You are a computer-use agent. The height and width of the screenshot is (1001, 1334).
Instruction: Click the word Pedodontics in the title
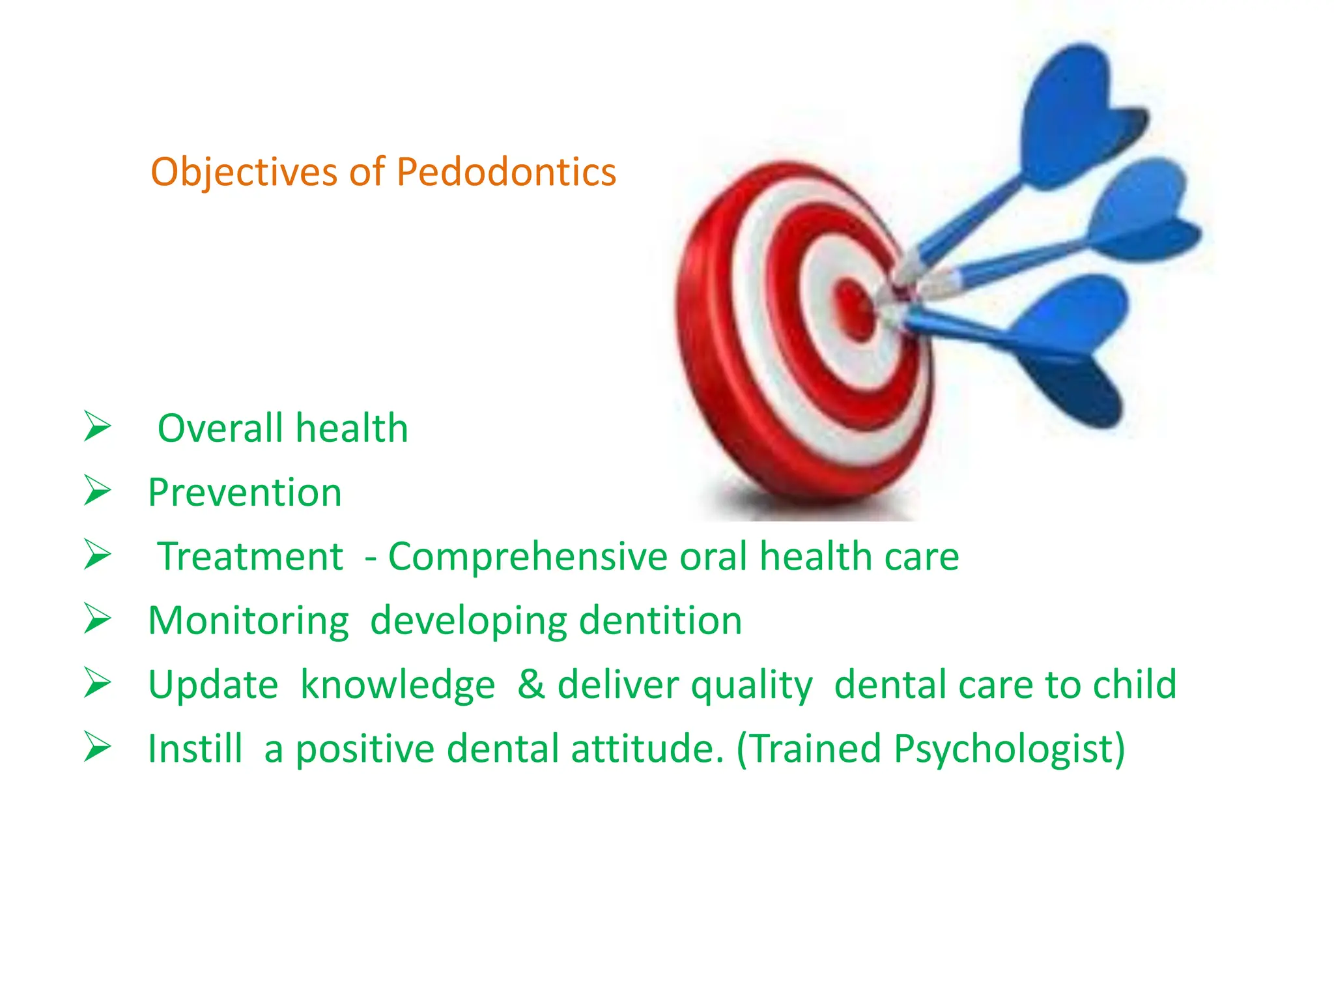(506, 173)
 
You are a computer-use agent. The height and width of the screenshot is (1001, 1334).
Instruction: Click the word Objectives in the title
(244, 173)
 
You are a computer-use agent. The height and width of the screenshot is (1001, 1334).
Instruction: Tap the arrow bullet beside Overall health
(98, 427)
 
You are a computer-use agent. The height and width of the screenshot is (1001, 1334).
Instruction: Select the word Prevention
(244, 493)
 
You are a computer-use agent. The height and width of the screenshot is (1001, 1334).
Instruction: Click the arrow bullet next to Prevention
(98, 491)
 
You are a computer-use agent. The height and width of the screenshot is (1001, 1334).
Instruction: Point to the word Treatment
(250, 557)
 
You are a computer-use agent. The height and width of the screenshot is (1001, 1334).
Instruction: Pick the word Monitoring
(248, 621)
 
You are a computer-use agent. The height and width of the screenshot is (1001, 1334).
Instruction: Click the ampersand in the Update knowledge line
(531, 684)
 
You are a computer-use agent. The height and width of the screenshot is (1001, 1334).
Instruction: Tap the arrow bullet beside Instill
(98, 747)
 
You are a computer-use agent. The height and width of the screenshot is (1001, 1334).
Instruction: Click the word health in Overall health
(352, 428)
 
